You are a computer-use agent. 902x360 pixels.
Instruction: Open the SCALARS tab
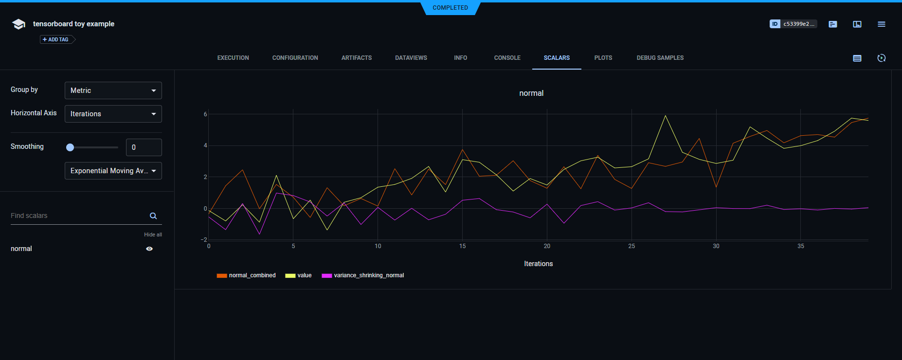557,58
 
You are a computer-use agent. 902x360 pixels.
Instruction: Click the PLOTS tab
603,58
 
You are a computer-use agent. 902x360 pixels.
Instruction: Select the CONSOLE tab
507,58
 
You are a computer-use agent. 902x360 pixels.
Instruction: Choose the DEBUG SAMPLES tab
660,58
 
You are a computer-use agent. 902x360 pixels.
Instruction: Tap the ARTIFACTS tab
356,58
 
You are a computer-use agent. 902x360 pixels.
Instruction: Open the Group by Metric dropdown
113,90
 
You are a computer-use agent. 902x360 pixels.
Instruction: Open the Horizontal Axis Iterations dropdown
113,114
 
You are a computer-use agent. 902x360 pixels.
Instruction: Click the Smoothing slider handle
70,147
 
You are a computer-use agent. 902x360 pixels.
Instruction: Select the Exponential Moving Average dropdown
113,171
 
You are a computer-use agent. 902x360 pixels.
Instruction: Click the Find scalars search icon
153,216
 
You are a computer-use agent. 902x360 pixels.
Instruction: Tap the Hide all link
153,234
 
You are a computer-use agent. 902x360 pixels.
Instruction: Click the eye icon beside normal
149,249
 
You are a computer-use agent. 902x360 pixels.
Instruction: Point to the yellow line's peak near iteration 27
665,116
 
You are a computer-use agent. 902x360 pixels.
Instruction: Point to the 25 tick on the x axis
631,246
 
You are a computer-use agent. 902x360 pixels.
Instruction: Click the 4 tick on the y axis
205,145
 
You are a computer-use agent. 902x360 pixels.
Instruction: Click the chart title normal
531,93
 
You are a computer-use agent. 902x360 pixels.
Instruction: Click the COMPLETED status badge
450,8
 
